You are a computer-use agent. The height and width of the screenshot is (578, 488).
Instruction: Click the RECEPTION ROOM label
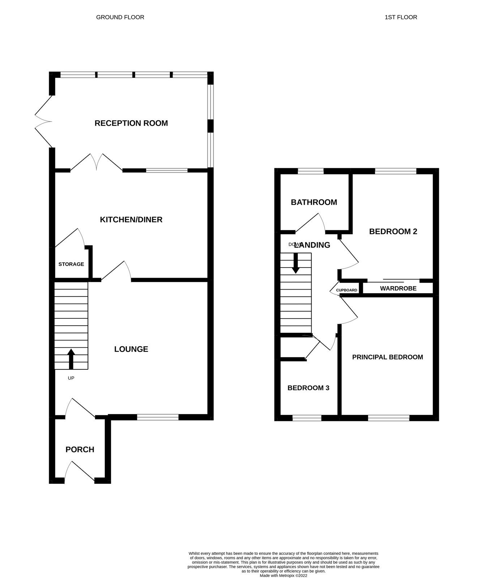[131, 123]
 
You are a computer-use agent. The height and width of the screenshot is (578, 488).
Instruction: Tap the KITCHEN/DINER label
[131, 220]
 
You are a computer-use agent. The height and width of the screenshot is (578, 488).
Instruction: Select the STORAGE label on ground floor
[71, 264]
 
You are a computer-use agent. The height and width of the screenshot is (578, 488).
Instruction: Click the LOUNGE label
[131, 349]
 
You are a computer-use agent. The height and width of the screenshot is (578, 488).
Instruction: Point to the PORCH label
[80, 449]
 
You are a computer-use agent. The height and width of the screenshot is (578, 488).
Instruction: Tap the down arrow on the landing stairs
[296, 263]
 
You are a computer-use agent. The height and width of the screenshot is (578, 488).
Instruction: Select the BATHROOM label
[314, 202]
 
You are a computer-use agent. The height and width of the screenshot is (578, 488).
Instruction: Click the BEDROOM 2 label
[393, 231]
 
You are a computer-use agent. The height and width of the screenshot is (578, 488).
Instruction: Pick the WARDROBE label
[398, 288]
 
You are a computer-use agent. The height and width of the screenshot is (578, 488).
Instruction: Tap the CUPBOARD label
[347, 290]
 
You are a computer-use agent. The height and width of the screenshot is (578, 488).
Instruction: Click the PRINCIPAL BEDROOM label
[388, 357]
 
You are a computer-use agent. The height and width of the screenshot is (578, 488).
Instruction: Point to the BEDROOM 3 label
[308, 388]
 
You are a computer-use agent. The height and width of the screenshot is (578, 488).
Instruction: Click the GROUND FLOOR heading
[120, 17]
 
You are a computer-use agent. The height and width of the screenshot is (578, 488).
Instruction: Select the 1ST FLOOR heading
[401, 17]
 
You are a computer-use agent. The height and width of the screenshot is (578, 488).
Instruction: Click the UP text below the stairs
[71, 378]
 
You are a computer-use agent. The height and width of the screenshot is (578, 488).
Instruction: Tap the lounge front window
[158, 417]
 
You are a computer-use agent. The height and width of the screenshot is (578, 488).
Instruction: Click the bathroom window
[311, 171]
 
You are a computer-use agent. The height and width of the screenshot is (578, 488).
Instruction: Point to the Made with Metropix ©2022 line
[283, 575]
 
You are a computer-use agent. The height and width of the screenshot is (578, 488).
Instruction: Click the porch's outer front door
[80, 471]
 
